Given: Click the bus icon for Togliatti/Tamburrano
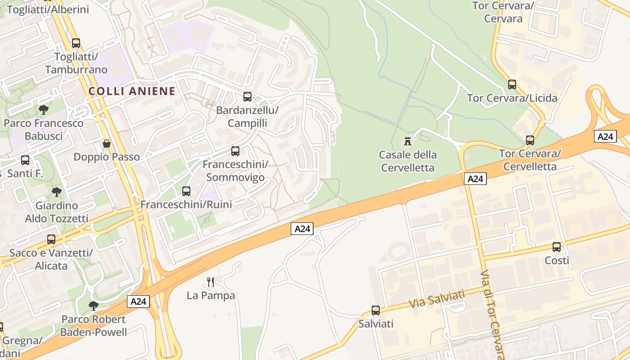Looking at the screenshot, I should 76,43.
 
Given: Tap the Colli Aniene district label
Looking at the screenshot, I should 132,91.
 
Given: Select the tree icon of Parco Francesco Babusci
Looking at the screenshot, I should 44,110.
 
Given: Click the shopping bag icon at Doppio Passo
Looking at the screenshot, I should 107,144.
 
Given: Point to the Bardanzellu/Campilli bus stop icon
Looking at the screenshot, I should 247,96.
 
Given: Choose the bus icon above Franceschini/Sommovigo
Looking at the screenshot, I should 235,151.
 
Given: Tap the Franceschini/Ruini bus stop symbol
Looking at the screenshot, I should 186,191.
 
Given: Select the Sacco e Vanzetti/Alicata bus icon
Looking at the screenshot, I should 51,239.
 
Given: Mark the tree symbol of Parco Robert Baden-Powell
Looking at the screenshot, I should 94,306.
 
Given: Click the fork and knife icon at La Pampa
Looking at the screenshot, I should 211,282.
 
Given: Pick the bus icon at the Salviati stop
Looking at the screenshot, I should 376,310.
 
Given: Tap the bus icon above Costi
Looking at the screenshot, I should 557,247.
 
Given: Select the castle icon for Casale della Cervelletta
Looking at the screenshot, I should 408,141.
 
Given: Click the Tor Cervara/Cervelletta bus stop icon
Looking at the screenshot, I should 530,140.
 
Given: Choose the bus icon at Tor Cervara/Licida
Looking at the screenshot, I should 512,85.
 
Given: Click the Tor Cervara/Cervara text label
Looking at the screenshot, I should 503,12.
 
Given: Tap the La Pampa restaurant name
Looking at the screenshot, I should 211,296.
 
